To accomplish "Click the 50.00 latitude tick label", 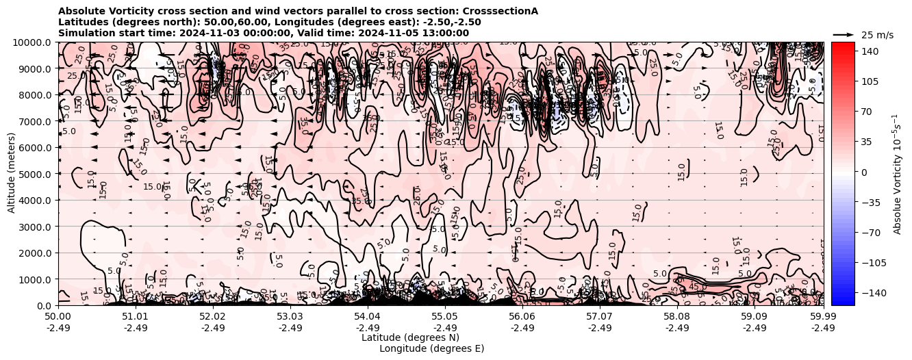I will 58,317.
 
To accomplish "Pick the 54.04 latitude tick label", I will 368,317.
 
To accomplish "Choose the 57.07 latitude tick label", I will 600,317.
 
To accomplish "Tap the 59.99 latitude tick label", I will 823,317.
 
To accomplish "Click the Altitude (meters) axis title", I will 12,173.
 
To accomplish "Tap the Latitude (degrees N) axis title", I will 410,337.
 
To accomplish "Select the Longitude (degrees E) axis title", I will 431,348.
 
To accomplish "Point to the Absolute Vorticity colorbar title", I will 897,173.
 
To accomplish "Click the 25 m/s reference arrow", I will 844,34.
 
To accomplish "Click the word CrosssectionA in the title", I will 501,11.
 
